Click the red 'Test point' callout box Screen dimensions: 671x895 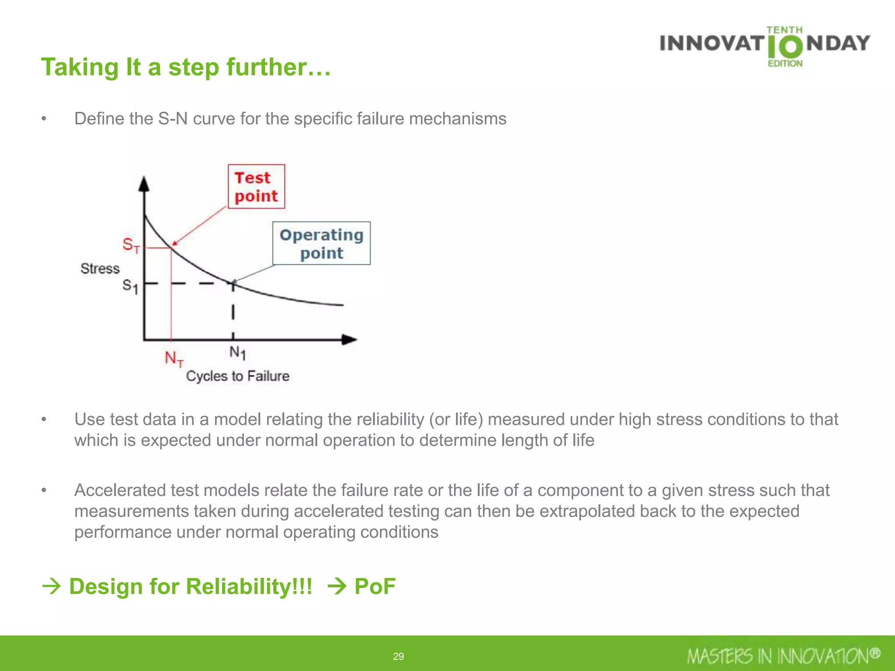coord(256,187)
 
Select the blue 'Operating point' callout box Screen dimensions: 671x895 coord(321,243)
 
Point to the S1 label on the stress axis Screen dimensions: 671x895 coord(130,286)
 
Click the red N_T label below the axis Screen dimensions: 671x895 coord(174,359)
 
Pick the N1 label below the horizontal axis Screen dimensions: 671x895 coord(237,353)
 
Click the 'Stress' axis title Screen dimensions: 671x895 coord(100,268)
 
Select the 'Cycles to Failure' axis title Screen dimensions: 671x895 coord(238,376)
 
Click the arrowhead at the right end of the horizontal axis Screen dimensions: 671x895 coord(349,339)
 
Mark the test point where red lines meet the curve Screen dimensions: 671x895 coord(171,248)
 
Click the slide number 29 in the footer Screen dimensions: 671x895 coord(399,656)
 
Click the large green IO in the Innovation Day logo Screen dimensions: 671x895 coord(785,47)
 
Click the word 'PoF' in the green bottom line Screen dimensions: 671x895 coord(375,586)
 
